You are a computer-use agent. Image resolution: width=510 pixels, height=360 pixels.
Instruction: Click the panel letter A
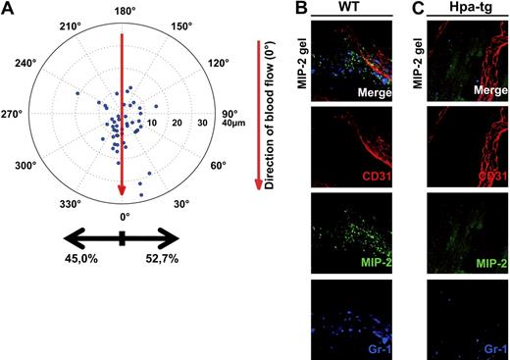tap(9, 11)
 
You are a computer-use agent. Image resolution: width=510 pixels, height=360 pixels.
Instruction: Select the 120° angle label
tap(217, 62)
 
